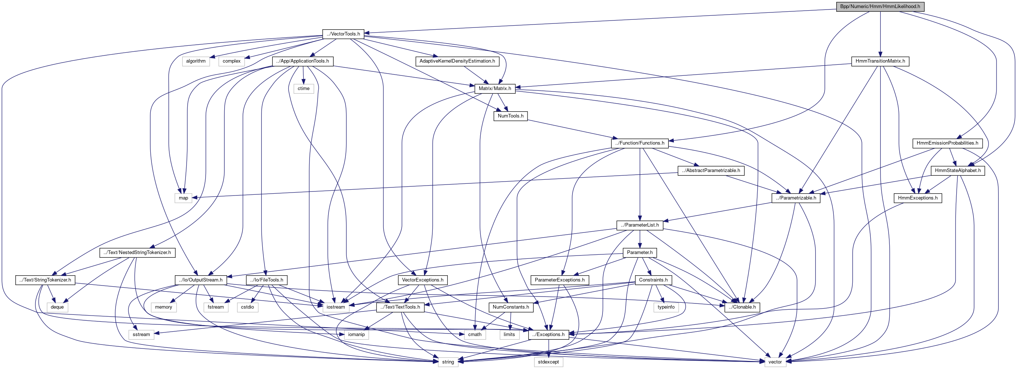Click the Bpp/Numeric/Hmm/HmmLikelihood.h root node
pyautogui.click(x=879, y=6)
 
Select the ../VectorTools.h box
pyautogui.click(x=343, y=34)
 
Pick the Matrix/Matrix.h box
pyautogui.click(x=495, y=89)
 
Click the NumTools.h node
pyautogui.click(x=510, y=116)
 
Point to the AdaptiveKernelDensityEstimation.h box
pyautogui.click(x=457, y=61)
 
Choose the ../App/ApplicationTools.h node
pyautogui.click(x=303, y=61)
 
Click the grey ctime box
pyautogui.click(x=304, y=89)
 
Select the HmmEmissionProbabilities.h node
pyautogui.click(x=947, y=143)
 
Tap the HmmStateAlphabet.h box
pyautogui.click(x=957, y=171)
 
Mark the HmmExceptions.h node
pyautogui.click(x=917, y=198)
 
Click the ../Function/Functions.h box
pyautogui.click(x=639, y=143)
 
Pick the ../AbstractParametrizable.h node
pyautogui.click(x=711, y=171)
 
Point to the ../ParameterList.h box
pyautogui.click(x=639, y=225)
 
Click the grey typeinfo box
pyautogui.click(x=666, y=307)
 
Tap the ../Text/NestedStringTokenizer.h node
pyautogui.click(x=137, y=253)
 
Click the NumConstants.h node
pyautogui.click(x=511, y=307)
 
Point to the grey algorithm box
pyautogui.click(x=196, y=61)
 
